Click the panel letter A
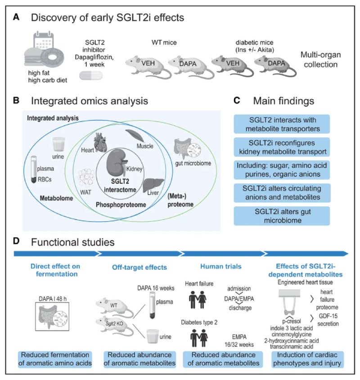[16, 18]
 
